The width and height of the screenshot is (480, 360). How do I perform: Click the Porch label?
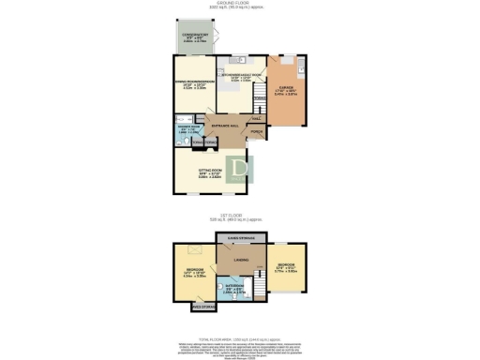256,133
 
